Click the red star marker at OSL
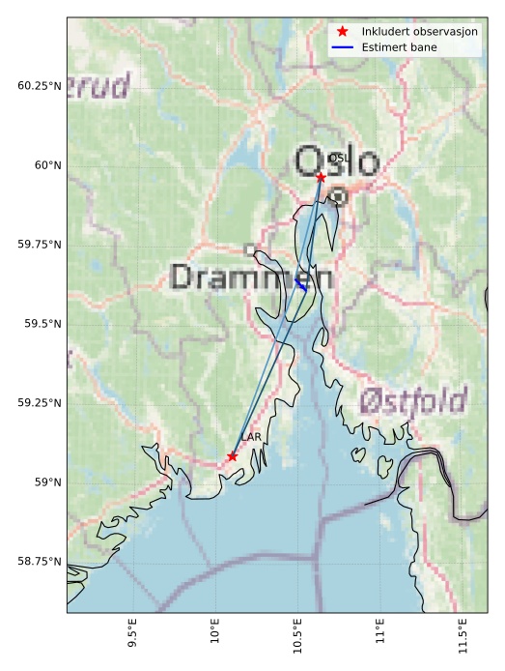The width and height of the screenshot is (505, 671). (321, 177)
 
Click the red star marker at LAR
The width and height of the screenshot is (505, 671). (233, 456)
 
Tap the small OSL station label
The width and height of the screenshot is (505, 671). (337, 158)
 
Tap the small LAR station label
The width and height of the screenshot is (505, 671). (251, 438)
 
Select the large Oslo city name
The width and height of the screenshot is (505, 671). (337, 162)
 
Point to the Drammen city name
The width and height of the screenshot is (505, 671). (251, 277)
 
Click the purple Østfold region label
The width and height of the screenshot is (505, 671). (412, 400)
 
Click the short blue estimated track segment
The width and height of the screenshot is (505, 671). (301, 283)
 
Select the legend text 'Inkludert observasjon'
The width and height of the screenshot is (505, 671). (419, 32)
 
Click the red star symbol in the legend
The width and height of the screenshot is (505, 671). (343, 32)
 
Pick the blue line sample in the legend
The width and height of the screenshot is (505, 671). (343, 46)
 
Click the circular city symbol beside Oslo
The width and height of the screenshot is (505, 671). (338, 197)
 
